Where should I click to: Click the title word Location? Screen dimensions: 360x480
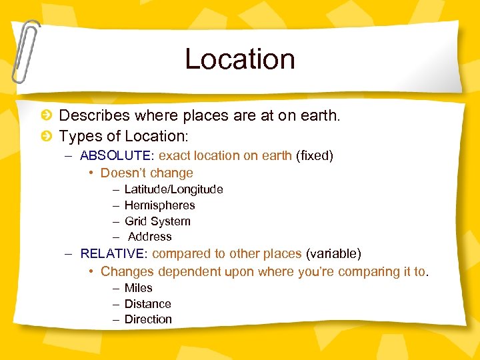click(240, 59)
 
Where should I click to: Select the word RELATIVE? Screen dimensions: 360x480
click(114, 254)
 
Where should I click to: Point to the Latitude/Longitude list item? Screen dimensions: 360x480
click(173, 189)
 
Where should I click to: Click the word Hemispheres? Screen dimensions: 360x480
click(159, 205)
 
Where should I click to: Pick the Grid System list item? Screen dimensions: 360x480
click(157, 221)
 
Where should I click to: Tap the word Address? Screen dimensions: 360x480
click(149, 237)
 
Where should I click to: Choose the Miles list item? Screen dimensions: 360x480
click(138, 288)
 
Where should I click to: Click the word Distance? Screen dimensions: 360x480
click(147, 304)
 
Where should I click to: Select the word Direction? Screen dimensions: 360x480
click(148, 319)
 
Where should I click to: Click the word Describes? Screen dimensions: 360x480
click(95, 116)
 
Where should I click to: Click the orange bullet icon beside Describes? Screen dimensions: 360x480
click(47, 116)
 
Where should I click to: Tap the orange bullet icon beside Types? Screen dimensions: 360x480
click(47, 137)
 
